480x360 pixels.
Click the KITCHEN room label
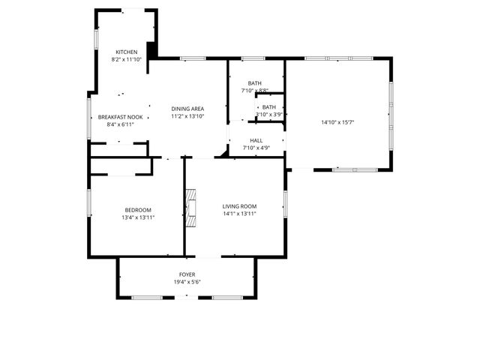(126, 52)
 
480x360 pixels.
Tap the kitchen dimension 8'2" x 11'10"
(126, 58)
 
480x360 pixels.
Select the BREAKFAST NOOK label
(120, 117)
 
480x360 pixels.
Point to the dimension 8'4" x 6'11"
(120, 124)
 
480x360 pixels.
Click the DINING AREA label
(187, 109)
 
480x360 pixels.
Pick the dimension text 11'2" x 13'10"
(187, 116)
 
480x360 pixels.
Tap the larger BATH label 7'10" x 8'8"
(255, 83)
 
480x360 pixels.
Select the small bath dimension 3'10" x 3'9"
(268, 114)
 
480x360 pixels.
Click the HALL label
(256, 140)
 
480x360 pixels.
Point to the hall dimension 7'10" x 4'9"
(256, 148)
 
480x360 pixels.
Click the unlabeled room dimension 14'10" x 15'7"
(338, 121)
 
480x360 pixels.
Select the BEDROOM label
(138, 209)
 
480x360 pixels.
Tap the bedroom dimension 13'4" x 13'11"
(138, 217)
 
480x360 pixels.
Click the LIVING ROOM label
(239, 206)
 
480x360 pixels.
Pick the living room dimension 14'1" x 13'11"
(239, 214)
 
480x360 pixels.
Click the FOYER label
(187, 274)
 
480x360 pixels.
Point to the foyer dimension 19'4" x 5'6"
(187, 282)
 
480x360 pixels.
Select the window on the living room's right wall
(285, 204)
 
